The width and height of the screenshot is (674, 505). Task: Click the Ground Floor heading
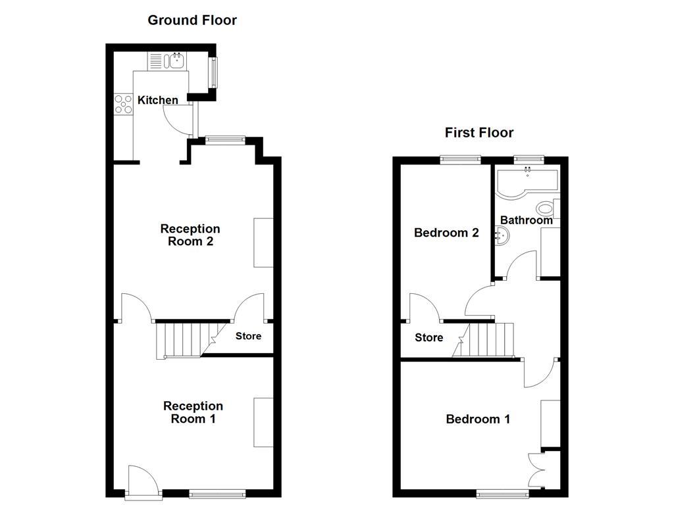[x=192, y=20]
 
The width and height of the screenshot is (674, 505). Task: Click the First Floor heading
[x=479, y=133]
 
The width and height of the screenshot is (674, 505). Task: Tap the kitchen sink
[x=176, y=62]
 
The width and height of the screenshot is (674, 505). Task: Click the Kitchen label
[x=157, y=100]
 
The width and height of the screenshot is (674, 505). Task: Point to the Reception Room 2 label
[x=190, y=235]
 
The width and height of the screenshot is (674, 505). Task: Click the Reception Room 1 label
[x=193, y=412]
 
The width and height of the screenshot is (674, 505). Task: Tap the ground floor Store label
[x=249, y=336]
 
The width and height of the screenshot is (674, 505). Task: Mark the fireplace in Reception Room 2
[x=263, y=243]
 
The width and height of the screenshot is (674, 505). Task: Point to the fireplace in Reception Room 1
[x=263, y=422]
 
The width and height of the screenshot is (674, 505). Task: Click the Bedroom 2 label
[x=446, y=233]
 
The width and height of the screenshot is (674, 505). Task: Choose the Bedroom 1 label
[x=478, y=419]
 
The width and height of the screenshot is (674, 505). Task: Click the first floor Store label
[x=428, y=338]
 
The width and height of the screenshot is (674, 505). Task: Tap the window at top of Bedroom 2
[x=460, y=158]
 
